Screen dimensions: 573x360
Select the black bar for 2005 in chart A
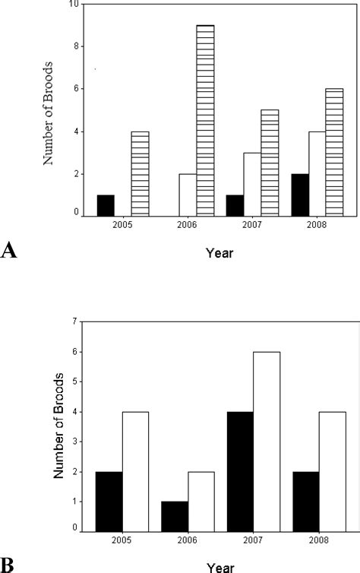(x=105, y=205)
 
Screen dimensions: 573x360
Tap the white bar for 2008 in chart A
(x=316, y=174)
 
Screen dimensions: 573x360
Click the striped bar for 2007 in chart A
(x=270, y=163)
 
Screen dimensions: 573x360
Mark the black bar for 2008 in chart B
(x=306, y=501)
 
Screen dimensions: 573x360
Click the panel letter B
(x=8, y=565)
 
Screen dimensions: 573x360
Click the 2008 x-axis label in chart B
(x=319, y=541)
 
